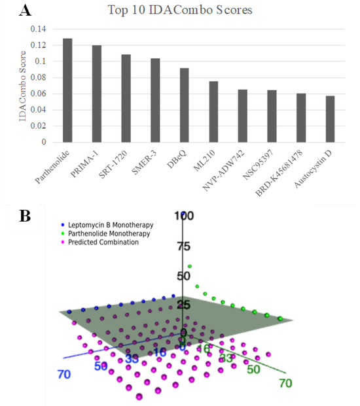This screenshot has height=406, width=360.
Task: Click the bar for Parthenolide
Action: point(67,90)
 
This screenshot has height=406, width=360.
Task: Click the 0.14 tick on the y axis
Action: point(39,29)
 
